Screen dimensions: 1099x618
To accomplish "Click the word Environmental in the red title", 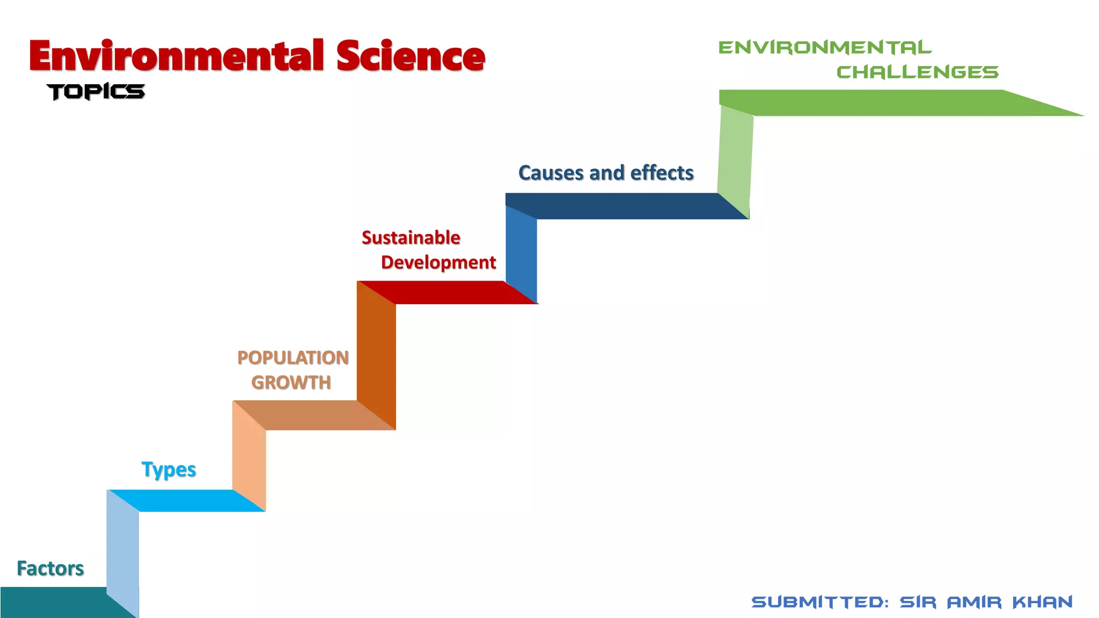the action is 177,56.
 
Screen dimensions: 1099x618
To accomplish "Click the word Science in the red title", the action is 411,56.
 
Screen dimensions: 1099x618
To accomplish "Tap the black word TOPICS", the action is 96,92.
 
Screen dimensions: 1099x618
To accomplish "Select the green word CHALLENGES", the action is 917,72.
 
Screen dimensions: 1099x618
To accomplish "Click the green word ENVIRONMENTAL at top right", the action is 825,47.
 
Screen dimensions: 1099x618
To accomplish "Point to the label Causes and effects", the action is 606,173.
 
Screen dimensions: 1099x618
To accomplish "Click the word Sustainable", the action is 411,237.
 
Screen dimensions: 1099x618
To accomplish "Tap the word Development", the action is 438,262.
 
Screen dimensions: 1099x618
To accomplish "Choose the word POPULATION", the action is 293,357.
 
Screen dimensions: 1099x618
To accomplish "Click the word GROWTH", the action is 291,382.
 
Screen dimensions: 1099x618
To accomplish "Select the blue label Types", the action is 168,469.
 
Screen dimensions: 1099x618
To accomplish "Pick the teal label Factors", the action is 50,568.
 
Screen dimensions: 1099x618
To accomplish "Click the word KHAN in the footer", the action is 1043,602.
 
